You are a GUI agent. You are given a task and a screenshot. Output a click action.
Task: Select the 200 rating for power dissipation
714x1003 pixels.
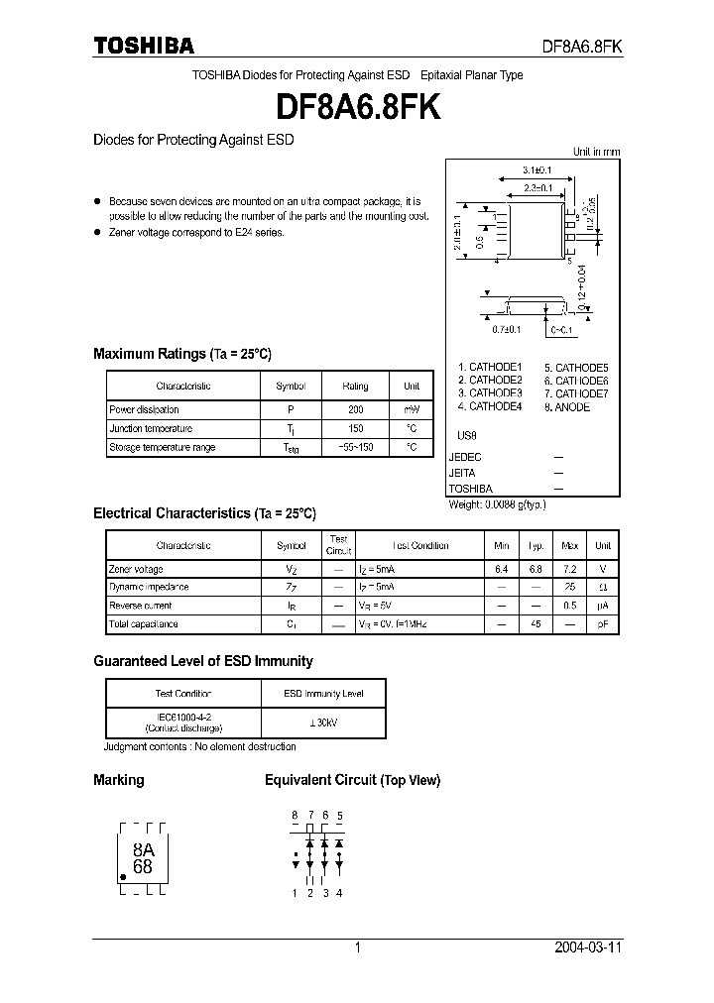coord(355,409)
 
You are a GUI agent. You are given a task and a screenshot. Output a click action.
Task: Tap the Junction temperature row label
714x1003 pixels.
coord(151,428)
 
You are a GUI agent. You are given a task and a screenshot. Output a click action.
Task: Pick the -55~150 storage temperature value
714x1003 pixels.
coord(355,447)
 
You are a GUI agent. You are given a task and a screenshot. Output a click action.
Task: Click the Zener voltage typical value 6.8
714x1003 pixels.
coord(535,569)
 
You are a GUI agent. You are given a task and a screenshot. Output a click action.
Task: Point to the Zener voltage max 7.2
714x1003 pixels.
coord(569,569)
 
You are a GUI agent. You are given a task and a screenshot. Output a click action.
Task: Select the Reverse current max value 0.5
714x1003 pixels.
coord(569,606)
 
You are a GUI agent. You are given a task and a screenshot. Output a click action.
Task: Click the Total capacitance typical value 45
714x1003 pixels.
coord(535,624)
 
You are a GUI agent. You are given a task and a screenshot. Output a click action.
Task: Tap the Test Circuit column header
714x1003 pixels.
coord(339,544)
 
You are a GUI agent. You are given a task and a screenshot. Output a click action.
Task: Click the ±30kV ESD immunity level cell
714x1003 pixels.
coord(323,724)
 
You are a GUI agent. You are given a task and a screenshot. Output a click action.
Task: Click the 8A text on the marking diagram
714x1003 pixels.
coord(143,848)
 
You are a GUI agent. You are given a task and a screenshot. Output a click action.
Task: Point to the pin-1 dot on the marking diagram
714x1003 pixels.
coord(123,877)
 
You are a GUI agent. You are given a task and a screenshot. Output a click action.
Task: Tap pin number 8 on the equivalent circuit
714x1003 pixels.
coord(295,815)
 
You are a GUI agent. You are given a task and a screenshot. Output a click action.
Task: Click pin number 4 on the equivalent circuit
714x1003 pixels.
coord(340,893)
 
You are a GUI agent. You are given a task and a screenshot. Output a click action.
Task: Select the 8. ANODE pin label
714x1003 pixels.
coord(566,406)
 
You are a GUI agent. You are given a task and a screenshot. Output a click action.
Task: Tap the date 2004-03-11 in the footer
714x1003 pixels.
coord(587,947)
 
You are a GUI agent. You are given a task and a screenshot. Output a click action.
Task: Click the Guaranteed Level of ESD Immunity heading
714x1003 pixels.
coord(202,661)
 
